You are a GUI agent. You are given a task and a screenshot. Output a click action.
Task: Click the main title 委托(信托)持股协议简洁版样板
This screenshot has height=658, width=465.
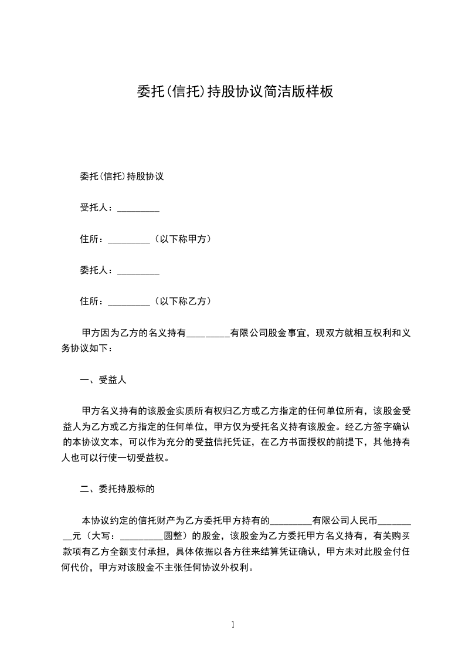[x=235, y=91]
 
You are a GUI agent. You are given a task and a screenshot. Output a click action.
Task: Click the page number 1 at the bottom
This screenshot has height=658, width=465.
[x=233, y=625]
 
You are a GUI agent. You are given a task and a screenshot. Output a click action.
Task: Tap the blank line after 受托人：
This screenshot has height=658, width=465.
[x=138, y=208]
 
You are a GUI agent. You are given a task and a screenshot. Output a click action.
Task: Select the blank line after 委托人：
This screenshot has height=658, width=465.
[x=138, y=270]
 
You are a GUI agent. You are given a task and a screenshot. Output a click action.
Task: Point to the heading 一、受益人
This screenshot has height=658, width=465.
[x=103, y=380]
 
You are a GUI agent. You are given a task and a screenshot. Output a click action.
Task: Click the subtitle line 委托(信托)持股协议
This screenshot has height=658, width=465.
[x=121, y=177]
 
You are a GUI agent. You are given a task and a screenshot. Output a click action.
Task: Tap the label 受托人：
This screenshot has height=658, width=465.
[x=98, y=208]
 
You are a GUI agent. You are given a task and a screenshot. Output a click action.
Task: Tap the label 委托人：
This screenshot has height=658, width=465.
[x=98, y=270]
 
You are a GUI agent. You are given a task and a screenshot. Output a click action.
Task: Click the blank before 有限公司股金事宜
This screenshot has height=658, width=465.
[x=208, y=333]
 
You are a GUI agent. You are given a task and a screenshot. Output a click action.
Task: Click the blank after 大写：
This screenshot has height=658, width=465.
[x=141, y=535]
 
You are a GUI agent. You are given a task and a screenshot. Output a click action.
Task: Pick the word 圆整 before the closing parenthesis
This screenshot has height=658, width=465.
[x=173, y=535]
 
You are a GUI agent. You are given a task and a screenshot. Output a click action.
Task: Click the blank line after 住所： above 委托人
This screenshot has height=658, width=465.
[x=130, y=239]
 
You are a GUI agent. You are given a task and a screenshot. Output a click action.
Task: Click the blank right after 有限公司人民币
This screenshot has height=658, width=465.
[x=395, y=520]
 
